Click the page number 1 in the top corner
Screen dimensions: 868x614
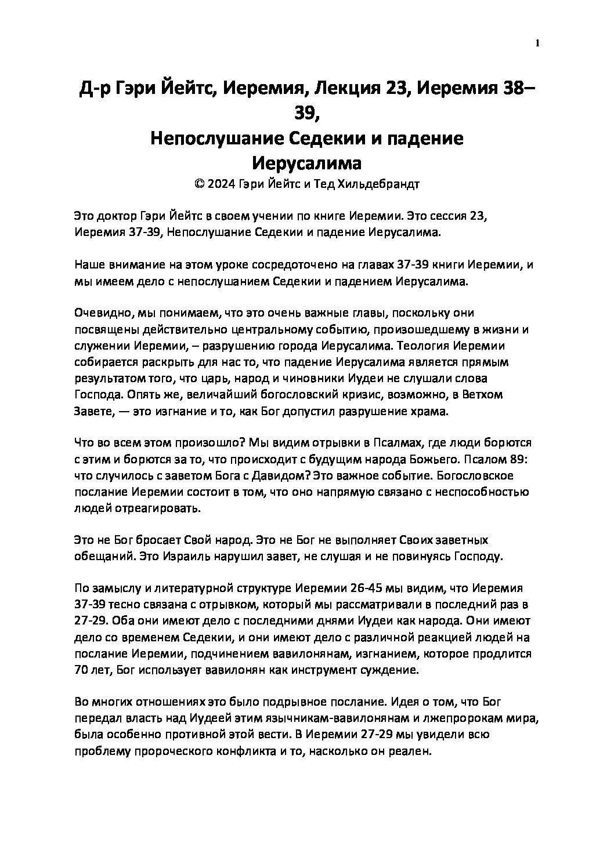click(x=537, y=43)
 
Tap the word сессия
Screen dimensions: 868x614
click(x=440, y=216)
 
